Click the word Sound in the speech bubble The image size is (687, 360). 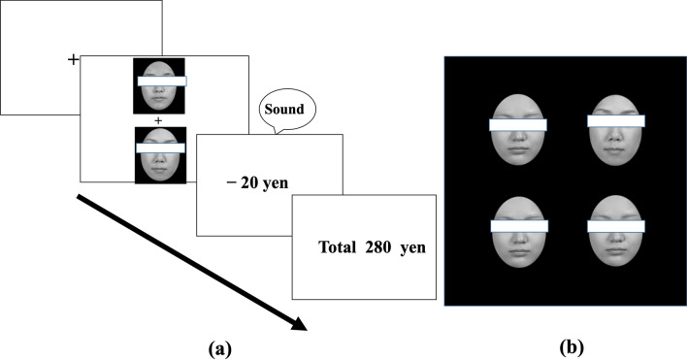[286, 109]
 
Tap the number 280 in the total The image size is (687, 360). [377, 246]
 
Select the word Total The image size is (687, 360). [338, 246]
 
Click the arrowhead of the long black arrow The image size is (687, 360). [298, 322]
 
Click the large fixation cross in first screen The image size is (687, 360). [73, 60]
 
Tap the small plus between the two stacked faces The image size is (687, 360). [158, 121]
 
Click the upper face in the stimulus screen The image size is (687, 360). [158, 87]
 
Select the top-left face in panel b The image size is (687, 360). [518, 131]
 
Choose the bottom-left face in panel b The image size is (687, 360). [518, 233]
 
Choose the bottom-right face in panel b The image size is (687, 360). [615, 233]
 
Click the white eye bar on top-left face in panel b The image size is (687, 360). [518, 124]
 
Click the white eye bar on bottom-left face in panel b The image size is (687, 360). [518, 226]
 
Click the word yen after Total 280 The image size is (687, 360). [413, 246]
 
